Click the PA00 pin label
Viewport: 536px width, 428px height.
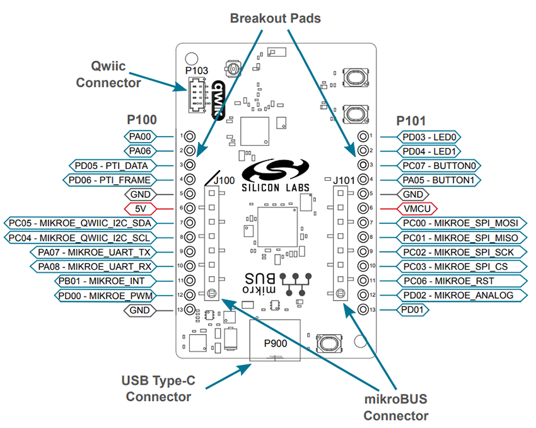140,136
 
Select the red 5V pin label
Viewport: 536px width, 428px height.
140,208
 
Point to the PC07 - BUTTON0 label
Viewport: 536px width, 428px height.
439,165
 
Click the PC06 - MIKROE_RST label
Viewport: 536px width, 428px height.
456,281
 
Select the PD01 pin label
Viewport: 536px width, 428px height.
413,309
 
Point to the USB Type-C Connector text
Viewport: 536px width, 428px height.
158,388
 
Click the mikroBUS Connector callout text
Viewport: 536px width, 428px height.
395,407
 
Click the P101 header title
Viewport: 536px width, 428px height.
411,120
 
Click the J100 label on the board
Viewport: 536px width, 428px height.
226,181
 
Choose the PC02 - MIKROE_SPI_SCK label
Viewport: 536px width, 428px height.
458,252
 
